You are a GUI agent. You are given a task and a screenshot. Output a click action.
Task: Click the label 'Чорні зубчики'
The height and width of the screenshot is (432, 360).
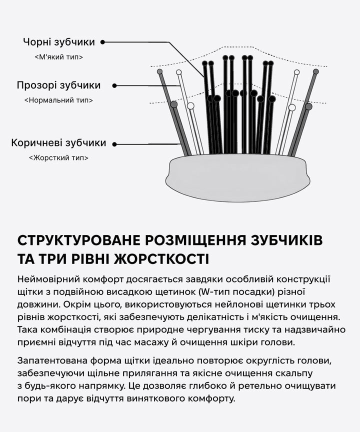tap(58, 42)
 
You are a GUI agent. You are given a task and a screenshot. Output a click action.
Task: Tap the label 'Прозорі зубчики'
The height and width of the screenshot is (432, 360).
tap(58, 85)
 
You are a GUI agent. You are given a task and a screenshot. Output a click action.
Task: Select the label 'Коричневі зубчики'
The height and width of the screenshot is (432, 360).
tap(58, 143)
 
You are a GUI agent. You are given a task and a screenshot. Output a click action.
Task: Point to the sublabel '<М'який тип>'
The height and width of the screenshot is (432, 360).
tap(59, 57)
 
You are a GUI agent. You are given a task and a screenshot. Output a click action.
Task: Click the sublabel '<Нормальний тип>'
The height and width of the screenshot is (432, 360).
tap(58, 100)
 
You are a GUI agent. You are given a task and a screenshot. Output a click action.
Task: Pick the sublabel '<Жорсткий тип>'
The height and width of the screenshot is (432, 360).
tap(58, 158)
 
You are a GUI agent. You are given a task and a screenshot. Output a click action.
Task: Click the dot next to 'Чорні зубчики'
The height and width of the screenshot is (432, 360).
tap(103, 42)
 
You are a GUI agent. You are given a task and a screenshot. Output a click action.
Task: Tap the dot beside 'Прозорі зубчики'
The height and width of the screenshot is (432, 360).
tap(114, 85)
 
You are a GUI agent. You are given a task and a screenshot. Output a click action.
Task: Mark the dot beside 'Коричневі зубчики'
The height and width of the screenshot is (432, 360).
tap(114, 144)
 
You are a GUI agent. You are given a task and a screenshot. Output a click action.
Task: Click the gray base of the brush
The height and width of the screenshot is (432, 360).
tap(237, 177)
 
